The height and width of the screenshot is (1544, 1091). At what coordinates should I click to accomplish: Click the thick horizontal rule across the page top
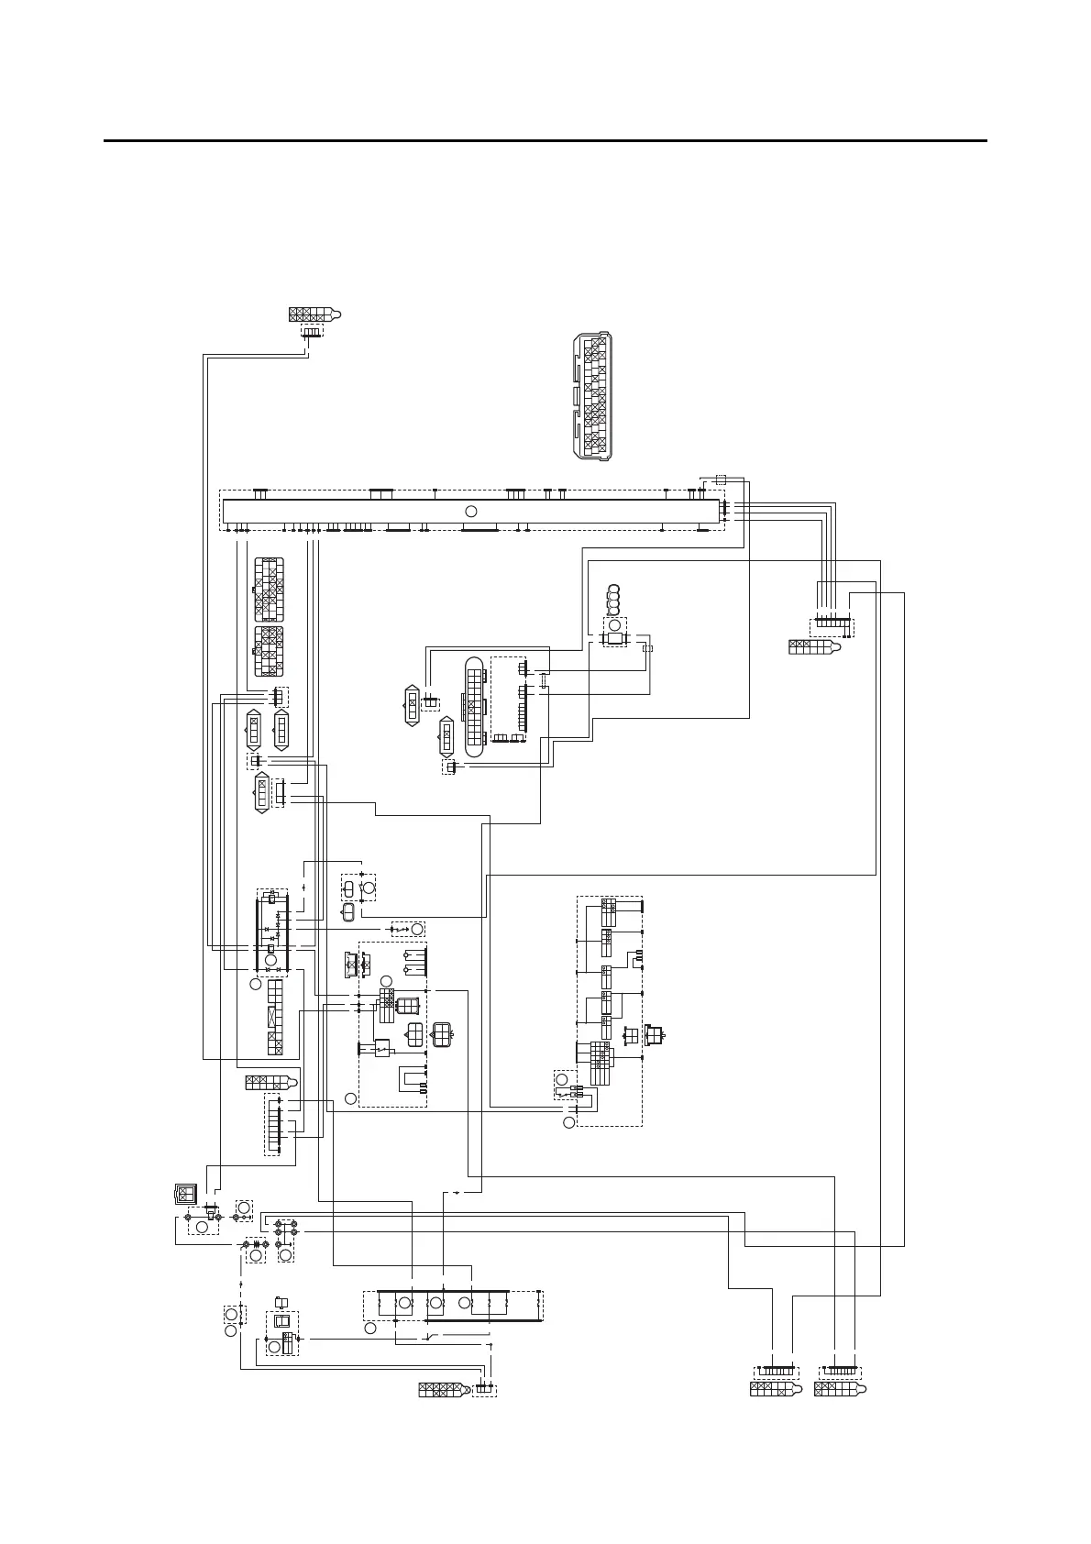pyautogui.click(x=545, y=141)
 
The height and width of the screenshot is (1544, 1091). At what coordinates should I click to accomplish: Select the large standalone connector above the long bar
pyautogui.click(x=591, y=396)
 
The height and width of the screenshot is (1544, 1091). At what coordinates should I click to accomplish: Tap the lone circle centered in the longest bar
pyautogui.click(x=471, y=511)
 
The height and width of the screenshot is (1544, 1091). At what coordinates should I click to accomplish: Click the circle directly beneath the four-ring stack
pyautogui.click(x=614, y=625)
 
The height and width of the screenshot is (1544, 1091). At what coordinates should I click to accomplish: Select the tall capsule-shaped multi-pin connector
pyautogui.click(x=474, y=707)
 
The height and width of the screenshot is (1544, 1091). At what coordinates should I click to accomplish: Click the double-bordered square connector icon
pyautogui.click(x=186, y=1193)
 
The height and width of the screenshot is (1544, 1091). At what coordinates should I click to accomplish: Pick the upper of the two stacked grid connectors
pyautogui.click(x=269, y=590)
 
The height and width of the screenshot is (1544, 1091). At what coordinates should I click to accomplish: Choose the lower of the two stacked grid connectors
pyautogui.click(x=269, y=652)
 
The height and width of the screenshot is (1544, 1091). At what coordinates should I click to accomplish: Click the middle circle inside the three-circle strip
pyautogui.click(x=436, y=1303)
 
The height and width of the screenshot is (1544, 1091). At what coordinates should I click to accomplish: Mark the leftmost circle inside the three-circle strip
pyautogui.click(x=402, y=1303)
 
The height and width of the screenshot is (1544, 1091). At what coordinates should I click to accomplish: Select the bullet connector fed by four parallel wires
pyautogui.click(x=815, y=647)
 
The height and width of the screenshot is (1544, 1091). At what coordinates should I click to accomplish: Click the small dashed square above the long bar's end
pyautogui.click(x=721, y=479)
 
